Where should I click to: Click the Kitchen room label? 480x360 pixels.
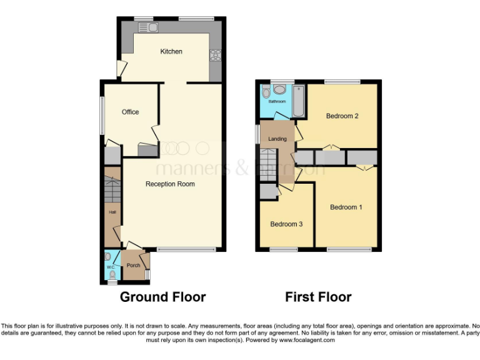171,51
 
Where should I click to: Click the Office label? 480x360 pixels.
130,112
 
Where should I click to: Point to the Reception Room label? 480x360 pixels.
170,184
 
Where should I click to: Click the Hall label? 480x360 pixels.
112,212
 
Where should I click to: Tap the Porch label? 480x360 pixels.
133,265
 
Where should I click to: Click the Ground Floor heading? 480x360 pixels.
162,297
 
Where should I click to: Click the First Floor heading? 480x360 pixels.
318,297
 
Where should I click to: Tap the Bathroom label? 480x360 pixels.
276,101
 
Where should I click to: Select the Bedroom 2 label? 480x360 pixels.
342,116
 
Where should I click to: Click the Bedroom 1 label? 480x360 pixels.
346,207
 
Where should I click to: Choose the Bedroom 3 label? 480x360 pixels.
286,224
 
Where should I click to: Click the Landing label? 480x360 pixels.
277,139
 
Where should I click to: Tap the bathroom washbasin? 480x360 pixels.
279,90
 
